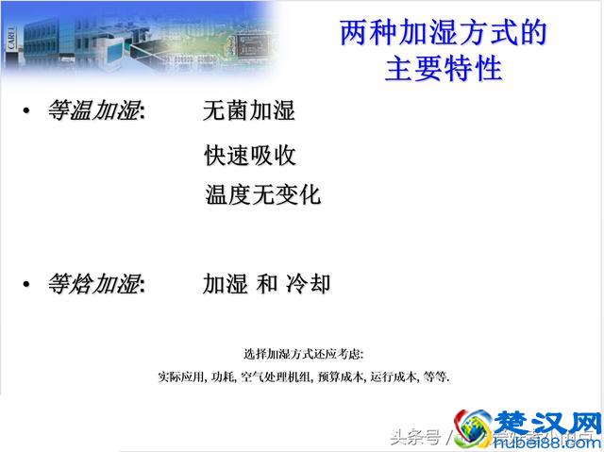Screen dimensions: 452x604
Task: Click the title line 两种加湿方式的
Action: [x=443, y=34]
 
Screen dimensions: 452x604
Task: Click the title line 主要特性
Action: [x=443, y=69]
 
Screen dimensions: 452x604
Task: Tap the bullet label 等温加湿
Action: [x=94, y=111]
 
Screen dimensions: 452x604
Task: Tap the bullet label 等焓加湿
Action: [x=94, y=284]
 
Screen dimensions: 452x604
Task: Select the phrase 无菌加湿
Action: [x=249, y=111]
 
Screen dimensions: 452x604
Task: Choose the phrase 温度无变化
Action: [x=263, y=195]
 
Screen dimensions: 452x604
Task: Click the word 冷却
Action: [x=308, y=284]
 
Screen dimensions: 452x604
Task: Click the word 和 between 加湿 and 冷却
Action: [x=267, y=284]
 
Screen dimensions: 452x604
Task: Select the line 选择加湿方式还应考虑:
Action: [x=303, y=354]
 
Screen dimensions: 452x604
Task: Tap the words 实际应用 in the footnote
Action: [x=182, y=377]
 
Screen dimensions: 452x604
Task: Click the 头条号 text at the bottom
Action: [x=415, y=437]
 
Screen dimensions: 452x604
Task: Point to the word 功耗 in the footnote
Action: [x=224, y=377]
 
